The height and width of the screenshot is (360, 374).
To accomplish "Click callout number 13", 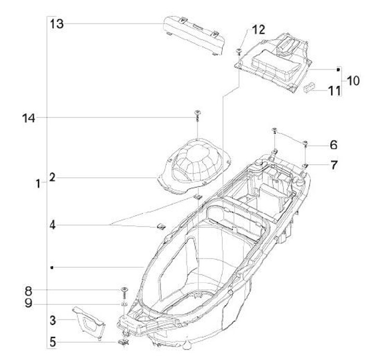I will (x=57, y=23).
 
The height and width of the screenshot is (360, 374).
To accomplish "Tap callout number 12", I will (x=258, y=30).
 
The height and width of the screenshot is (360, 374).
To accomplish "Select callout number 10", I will (x=353, y=81).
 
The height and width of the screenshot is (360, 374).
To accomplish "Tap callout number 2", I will (x=52, y=177).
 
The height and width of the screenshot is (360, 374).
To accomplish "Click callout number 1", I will (x=38, y=183).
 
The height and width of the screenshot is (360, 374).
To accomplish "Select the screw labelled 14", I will (x=197, y=115).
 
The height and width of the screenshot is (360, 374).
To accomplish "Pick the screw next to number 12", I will (x=238, y=50).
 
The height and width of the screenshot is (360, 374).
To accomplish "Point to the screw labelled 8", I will (x=124, y=290).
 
